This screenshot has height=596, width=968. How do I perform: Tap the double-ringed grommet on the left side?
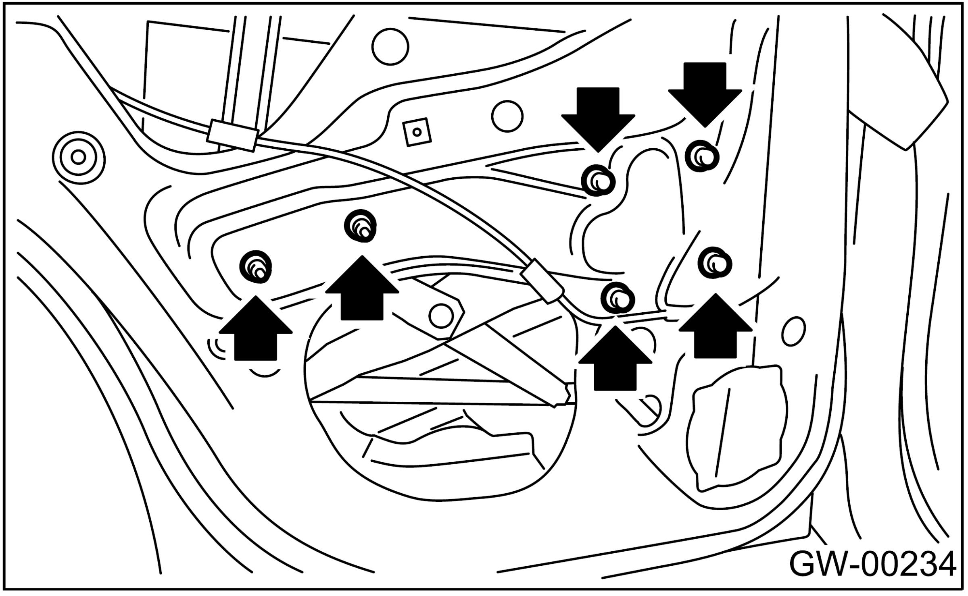pyautogui.click(x=78, y=156)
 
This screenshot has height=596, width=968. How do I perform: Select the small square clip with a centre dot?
pyautogui.click(x=417, y=132)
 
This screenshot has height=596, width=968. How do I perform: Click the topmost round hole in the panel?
pyautogui.click(x=390, y=46)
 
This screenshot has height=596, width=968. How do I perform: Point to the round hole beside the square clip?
pyautogui.click(x=507, y=116)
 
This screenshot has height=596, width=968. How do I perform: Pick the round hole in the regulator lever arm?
pyautogui.click(x=440, y=316)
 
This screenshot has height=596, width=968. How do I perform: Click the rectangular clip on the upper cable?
pyautogui.click(x=232, y=135)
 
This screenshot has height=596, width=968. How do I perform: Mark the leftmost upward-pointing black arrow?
pyautogui.click(x=256, y=328)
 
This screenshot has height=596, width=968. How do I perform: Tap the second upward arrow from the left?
pyautogui.click(x=362, y=289)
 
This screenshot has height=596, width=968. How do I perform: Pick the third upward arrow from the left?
pyautogui.click(x=615, y=359)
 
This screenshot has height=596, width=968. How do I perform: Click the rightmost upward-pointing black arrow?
pyautogui.click(x=715, y=326)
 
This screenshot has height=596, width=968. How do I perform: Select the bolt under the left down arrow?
pyautogui.click(x=599, y=181)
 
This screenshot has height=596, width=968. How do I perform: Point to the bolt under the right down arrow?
pyautogui.click(x=702, y=156)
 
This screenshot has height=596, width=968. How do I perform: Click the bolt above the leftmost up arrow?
pyautogui.click(x=256, y=266)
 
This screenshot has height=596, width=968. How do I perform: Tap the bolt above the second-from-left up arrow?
pyautogui.click(x=361, y=226)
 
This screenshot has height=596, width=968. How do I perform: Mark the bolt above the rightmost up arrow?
pyautogui.click(x=715, y=263)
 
